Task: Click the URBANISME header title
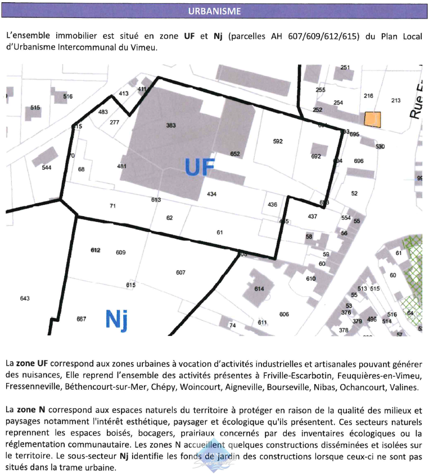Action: tap(214, 11)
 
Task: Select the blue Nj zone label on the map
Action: tap(116, 320)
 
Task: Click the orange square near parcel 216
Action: tap(372, 119)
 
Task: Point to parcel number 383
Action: tap(171, 125)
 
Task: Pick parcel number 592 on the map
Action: tap(278, 142)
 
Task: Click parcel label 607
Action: tap(180, 272)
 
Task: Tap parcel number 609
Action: tap(120, 252)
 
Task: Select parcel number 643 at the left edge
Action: tap(24, 298)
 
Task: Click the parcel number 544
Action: tap(47, 167)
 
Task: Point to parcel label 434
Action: tap(211, 194)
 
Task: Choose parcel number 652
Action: tap(235, 153)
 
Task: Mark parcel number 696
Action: tap(359, 161)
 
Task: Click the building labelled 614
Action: tap(259, 289)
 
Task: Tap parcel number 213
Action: tap(396, 101)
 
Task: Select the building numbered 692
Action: tap(316, 157)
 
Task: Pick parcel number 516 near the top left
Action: tap(67, 97)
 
